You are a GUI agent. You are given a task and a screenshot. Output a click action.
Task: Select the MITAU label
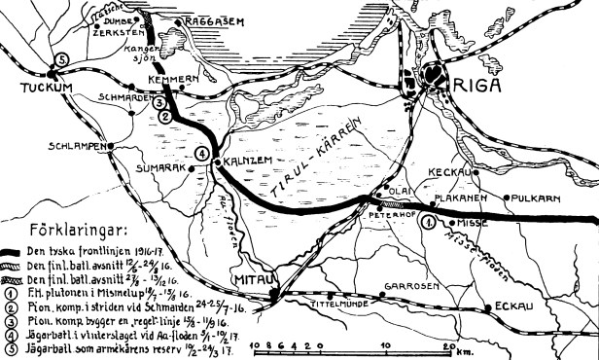[252, 282]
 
